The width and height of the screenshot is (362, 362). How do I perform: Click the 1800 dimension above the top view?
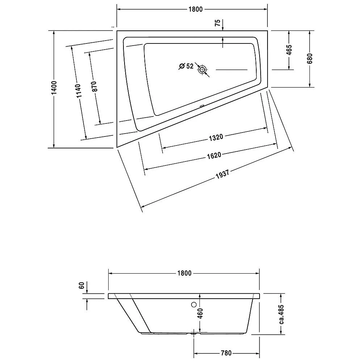194,10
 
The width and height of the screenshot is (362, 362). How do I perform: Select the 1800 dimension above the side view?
184,273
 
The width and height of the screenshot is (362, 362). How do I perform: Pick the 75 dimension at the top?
217,23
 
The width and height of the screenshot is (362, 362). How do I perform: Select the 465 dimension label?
289,50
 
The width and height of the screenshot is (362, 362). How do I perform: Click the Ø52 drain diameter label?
186,66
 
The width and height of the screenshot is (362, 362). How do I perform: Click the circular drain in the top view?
202,70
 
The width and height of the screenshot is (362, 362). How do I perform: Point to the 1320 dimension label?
215,137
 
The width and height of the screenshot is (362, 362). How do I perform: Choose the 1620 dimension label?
214,155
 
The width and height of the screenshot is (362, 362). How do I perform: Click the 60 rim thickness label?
82,286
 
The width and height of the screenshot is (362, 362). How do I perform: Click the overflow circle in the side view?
194,305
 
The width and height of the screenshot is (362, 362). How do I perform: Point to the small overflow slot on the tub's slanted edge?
201,106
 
